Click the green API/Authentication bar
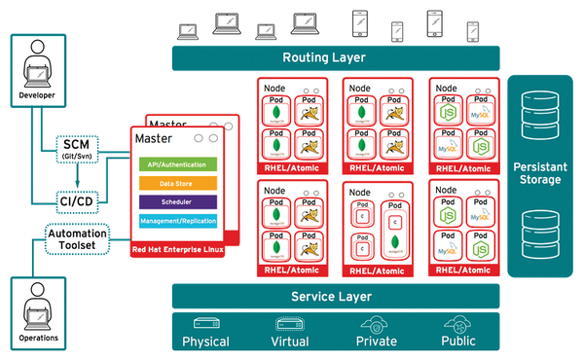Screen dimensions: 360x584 [x=177, y=165]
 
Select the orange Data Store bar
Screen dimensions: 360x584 [x=177, y=183]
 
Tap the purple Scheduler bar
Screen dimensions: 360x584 [x=177, y=201]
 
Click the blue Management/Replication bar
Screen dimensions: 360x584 [x=177, y=220]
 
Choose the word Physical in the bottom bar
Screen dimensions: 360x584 [x=205, y=342]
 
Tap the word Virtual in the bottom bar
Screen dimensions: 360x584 [x=288, y=342]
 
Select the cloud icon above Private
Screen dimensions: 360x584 [x=375, y=323]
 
